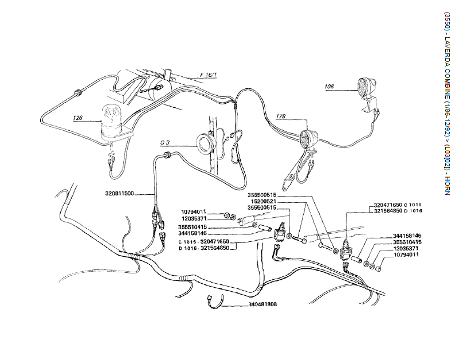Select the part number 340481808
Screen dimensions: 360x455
coord(263,304)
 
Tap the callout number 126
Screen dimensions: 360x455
coord(79,118)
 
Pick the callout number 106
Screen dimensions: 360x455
coord(329,87)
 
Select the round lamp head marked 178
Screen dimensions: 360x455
coord(308,138)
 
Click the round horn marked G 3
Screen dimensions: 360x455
coord(206,142)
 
